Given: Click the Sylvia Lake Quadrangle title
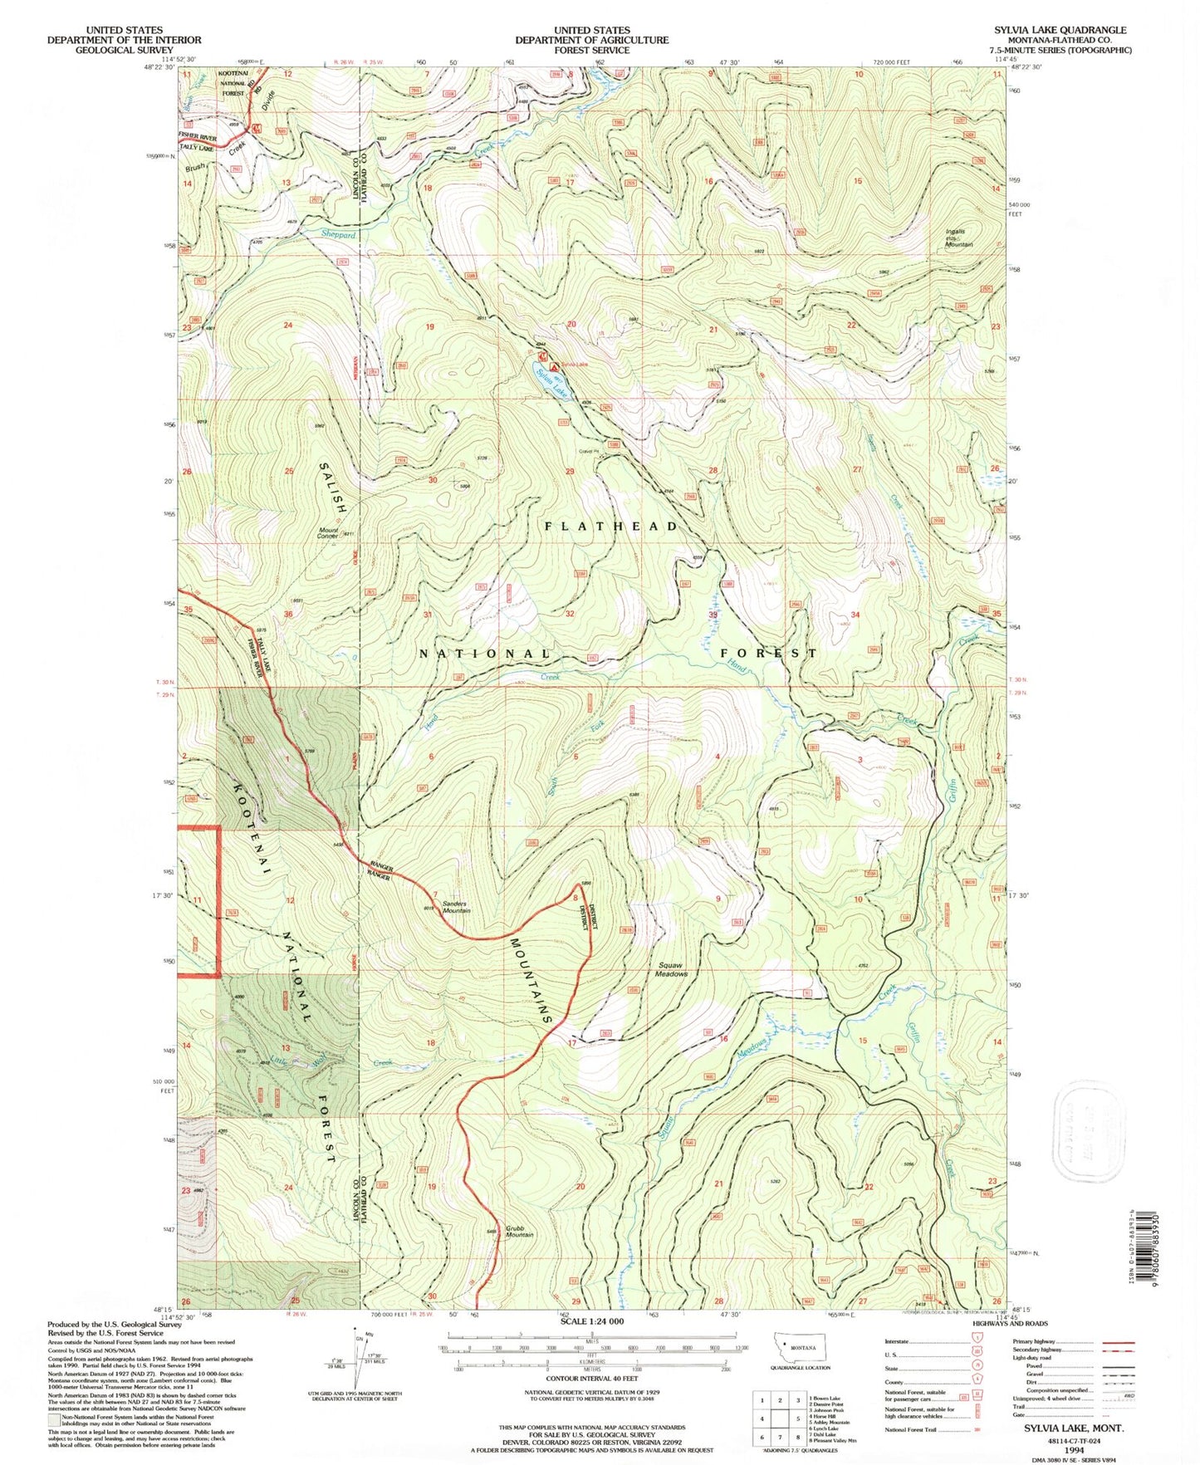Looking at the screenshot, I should (1060, 30).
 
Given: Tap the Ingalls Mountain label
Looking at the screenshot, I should (959, 238).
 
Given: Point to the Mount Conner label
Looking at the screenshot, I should (327, 533).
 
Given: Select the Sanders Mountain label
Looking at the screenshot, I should (456, 907).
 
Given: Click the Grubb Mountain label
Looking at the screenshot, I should (519, 1231).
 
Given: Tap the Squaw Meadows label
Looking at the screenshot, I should (672, 969).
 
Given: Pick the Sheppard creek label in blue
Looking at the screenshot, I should (338, 235).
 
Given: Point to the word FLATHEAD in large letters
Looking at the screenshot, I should (612, 527).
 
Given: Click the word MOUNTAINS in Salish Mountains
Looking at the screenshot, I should (531, 980).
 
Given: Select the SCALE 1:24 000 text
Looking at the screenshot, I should (591, 1320).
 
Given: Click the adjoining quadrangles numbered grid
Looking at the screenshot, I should (779, 1418).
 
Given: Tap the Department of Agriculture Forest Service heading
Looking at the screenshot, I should (591, 40).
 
